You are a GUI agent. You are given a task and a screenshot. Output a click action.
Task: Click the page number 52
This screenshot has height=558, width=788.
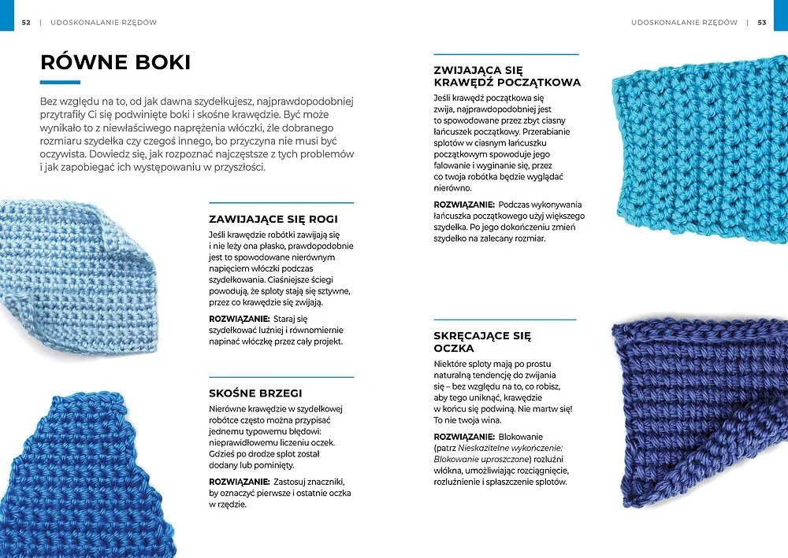click(x=26, y=23)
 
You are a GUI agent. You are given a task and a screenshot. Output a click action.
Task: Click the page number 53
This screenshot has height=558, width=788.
click(x=762, y=23)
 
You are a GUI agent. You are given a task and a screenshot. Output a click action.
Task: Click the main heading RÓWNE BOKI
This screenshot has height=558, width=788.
click(x=115, y=62)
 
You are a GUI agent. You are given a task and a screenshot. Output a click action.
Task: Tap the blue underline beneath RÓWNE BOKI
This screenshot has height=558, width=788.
click(x=60, y=82)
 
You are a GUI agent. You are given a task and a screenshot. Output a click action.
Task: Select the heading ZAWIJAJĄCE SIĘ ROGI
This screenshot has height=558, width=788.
click(x=274, y=219)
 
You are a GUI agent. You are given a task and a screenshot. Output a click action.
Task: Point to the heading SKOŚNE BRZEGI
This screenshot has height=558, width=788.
click(x=255, y=393)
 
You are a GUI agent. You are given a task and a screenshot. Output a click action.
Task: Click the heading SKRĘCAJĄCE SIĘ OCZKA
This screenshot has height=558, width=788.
click(x=482, y=342)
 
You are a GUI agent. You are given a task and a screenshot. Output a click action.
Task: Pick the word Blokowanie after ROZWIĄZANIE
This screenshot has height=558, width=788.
click(x=521, y=436)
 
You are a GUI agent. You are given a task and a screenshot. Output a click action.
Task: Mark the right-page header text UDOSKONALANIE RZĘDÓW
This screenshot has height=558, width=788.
click(x=684, y=23)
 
